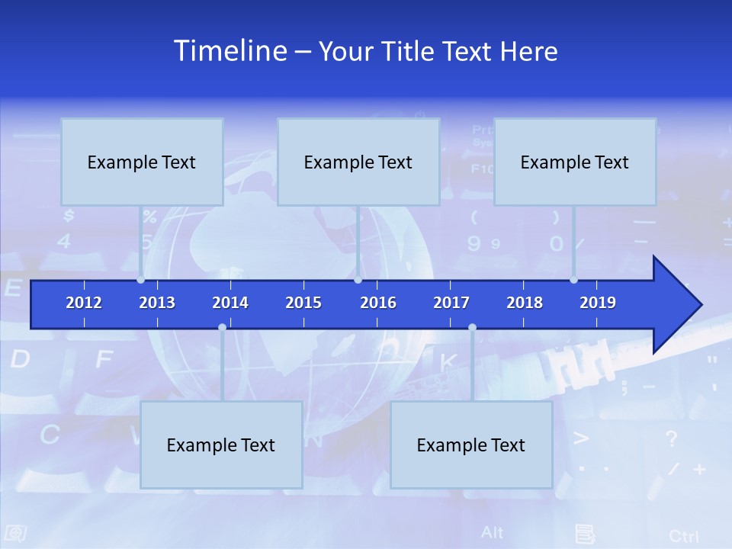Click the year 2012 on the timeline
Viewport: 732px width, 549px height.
point(84,303)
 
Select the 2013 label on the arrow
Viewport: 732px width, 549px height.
point(157,303)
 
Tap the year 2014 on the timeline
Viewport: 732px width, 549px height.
point(230,303)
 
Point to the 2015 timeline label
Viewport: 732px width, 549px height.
point(303,303)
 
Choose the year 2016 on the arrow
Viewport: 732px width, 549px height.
point(378,303)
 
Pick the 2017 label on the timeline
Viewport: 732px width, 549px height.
point(451,303)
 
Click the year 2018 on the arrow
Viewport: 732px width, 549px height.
point(525,303)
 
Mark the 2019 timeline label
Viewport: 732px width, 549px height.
point(598,303)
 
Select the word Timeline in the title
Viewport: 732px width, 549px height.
point(230,51)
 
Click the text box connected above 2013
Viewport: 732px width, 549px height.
point(142,162)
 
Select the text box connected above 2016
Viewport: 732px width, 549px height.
point(358,162)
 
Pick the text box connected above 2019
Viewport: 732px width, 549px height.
point(575,162)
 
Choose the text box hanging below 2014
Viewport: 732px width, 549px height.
point(221,445)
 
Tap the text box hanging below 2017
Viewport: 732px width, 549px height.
point(471,445)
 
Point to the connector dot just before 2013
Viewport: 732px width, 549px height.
point(141,280)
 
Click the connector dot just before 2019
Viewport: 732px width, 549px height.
point(574,280)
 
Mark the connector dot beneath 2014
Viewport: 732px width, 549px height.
point(222,328)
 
